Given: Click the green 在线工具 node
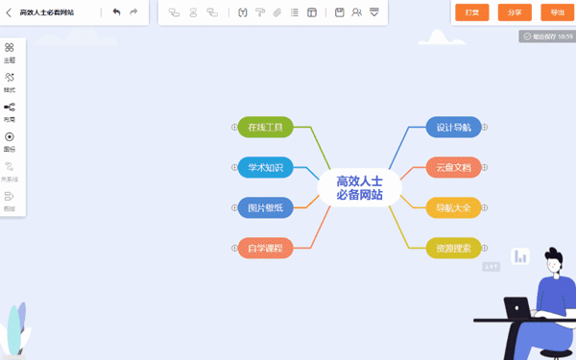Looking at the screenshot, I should [x=265, y=127].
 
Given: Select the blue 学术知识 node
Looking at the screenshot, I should [x=265, y=167].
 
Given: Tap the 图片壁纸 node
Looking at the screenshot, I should [x=265, y=207].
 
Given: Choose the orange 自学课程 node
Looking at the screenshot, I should [x=265, y=248].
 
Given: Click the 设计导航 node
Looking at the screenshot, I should [x=453, y=127].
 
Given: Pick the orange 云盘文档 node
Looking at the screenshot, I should [x=453, y=167].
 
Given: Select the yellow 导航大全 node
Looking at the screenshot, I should [x=453, y=207].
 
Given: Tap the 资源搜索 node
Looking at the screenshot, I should [x=453, y=248].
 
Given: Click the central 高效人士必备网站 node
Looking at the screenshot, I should [x=359, y=187].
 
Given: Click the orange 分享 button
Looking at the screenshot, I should [x=515, y=12].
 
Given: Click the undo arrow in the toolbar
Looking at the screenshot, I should [x=116, y=12].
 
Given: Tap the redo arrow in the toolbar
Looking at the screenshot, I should [x=133, y=12].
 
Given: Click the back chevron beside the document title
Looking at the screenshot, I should [x=8, y=12].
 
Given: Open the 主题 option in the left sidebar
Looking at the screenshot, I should [x=10, y=52].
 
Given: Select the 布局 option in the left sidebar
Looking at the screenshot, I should [x=10, y=111].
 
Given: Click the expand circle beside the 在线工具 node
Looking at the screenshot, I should [x=234, y=127].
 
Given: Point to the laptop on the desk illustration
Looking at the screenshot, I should [x=518, y=309].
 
